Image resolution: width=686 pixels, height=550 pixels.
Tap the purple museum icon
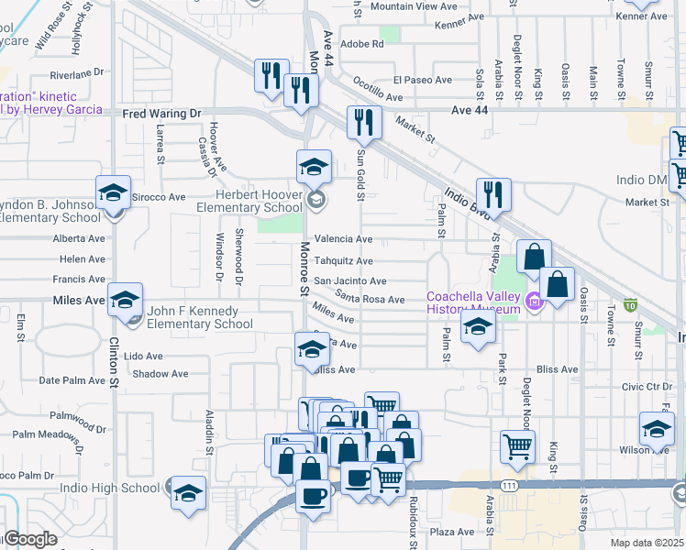point(534,300)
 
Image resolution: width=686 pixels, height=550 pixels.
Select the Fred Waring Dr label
point(161,114)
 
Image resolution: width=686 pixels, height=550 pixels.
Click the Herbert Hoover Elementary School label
point(249,202)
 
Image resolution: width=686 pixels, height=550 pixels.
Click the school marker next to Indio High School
point(189,492)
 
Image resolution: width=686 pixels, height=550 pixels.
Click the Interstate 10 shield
point(630,304)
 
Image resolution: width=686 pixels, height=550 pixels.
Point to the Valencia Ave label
point(343,239)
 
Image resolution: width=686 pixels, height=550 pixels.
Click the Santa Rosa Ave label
point(370,299)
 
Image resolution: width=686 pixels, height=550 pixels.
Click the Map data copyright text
point(647,543)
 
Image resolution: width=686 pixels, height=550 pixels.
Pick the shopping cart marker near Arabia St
point(517,446)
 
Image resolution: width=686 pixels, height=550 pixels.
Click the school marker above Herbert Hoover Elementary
point(314,166)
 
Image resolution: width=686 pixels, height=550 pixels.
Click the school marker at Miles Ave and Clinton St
point(125,299)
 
